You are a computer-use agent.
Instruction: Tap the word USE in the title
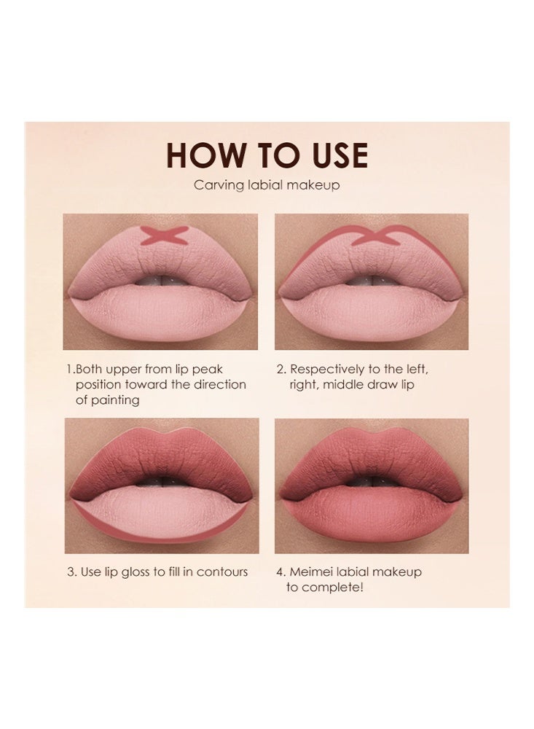(331, 155)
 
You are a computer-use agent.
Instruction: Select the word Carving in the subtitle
(216, 185)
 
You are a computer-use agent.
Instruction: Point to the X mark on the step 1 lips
(164, 234)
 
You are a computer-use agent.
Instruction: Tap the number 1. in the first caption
(70, 370)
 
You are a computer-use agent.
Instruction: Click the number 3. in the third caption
(72, 572)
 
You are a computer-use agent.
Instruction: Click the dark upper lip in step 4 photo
(372, 456)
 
